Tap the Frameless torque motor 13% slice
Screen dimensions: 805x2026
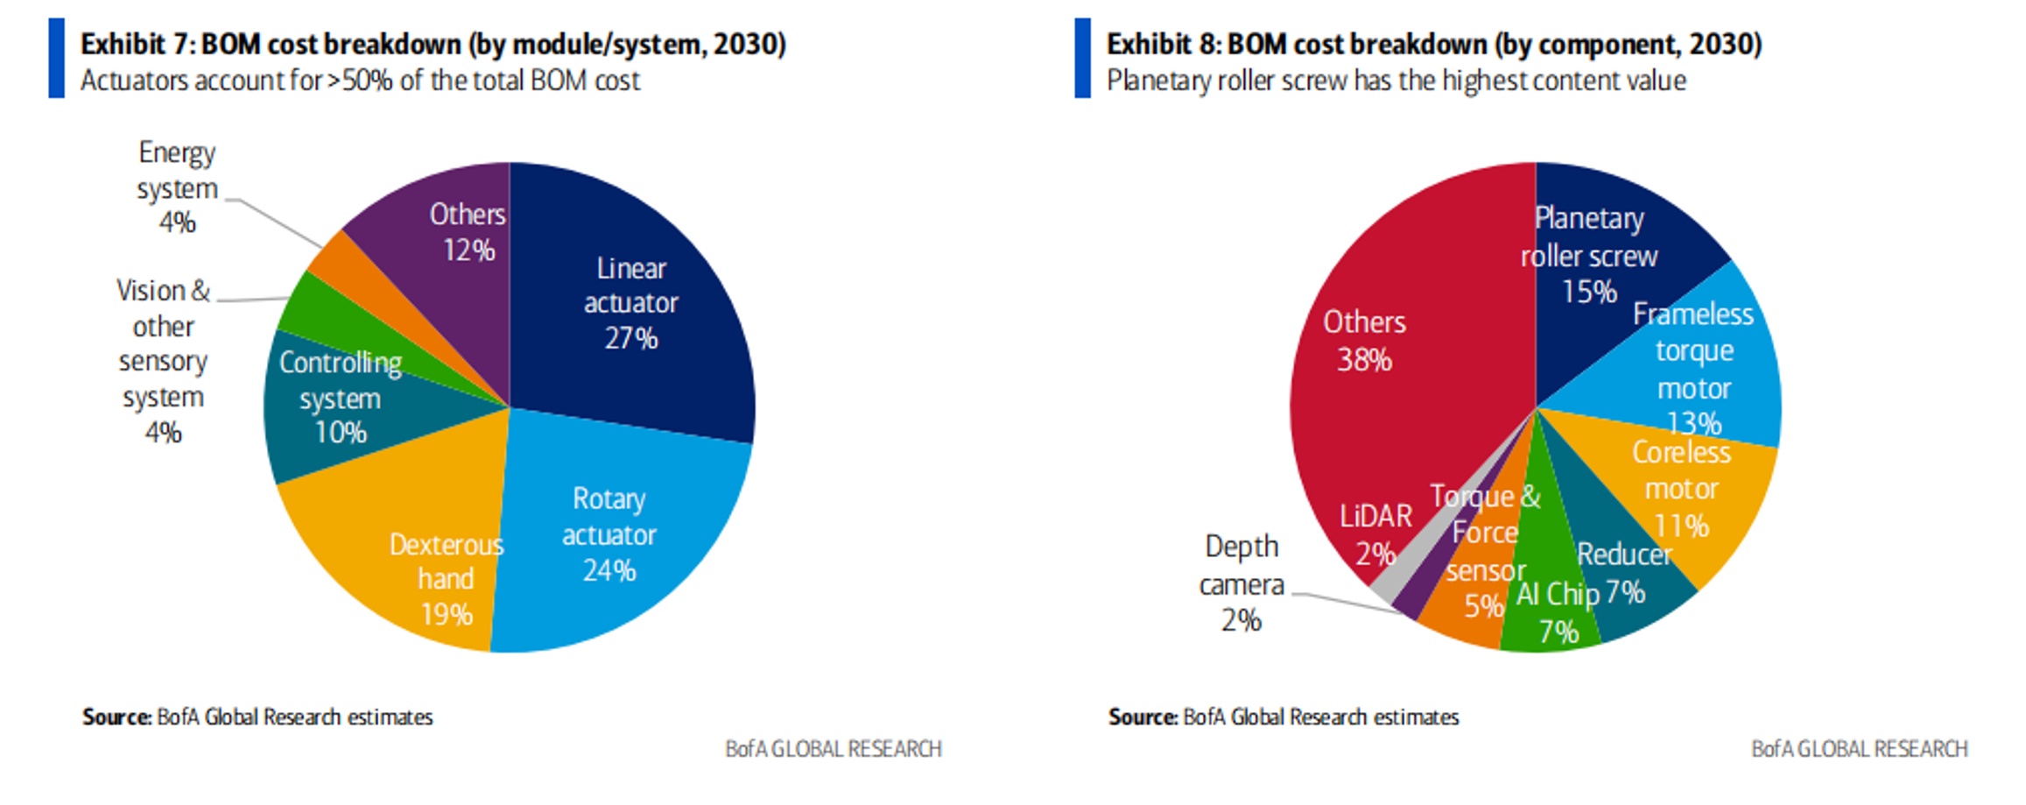pos(1699,368)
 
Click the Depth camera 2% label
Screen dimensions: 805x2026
pos(1242,583)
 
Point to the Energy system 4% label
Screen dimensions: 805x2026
pos(177,187)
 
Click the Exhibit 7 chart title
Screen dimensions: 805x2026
pos(433,44)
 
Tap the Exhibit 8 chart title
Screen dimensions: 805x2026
pos(1433,44)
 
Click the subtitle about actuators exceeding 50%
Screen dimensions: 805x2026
pos(360,81)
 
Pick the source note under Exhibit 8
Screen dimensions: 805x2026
pos(1283,717)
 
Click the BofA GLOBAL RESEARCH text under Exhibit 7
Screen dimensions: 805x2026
pos(833,749)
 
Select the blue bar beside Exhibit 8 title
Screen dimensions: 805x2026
pos(1082,58)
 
